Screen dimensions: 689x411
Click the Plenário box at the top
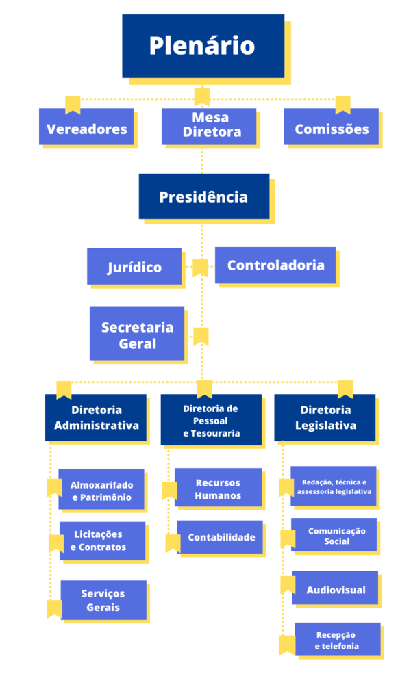(203, 46)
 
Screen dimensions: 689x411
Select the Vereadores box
(86, 129)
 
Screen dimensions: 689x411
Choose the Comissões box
(332, 129)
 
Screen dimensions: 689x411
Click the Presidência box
(203, 197)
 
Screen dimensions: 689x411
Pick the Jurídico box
(134, 267)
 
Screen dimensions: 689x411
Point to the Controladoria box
(275, 265)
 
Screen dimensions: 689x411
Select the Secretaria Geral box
(137, 334)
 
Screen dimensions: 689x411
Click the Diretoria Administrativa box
(96, 417)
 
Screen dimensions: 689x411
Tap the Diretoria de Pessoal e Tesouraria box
(211, 419)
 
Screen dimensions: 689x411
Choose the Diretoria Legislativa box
(325, 417)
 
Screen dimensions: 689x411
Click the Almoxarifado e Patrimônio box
(101, 490)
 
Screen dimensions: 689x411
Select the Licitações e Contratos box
(102, 541)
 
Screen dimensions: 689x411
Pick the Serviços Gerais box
(103, 600)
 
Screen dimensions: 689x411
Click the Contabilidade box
(221, 537)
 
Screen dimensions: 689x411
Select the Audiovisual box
(335, 588)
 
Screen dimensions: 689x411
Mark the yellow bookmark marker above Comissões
(343, 105)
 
